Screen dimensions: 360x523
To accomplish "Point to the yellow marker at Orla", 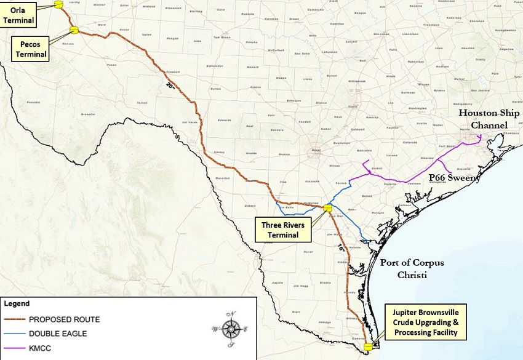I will tap(59, 4).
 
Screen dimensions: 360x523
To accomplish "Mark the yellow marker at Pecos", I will tap(74, 30).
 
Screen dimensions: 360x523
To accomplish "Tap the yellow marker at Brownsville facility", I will tap(369, 347).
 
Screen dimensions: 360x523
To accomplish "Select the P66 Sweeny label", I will tap(454, 178).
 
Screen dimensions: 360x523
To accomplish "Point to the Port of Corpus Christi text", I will tap(412, 268).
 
